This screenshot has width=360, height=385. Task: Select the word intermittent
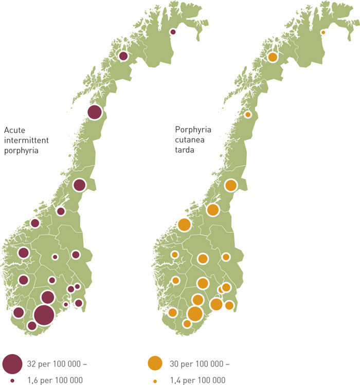[23, 140]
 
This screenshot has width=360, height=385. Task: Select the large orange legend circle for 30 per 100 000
[155, 364]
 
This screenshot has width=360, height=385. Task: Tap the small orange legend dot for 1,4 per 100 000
[155, 380]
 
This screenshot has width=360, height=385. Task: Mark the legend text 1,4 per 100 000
[197, 380]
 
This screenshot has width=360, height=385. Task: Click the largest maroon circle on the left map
[44, 315]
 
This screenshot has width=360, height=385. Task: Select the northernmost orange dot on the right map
[323, 32]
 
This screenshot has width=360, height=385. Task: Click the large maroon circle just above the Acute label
[95, 112]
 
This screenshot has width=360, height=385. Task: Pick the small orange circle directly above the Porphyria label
[248, 115]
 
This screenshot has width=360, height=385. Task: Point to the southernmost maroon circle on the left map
[32, 325]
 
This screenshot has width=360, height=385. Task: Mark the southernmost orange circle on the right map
[187, 323]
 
